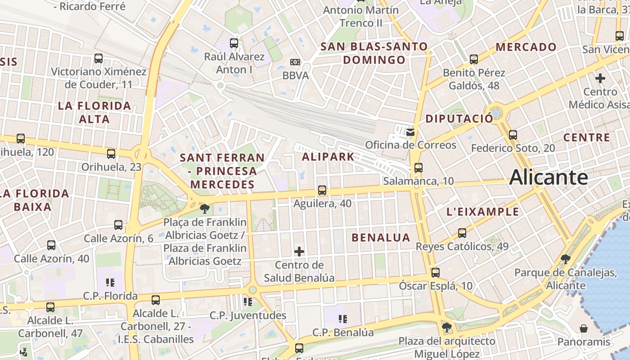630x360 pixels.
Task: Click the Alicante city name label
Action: [x=549, y=177]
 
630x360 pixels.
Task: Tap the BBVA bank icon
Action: [x=295, y=62]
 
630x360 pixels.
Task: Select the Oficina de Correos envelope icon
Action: [x=410, y=132]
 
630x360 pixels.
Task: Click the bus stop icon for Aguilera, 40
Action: [x=322, y=190]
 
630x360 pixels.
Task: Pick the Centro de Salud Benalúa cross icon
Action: [x=299, y=251]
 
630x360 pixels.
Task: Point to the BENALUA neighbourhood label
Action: [x=381, y=238]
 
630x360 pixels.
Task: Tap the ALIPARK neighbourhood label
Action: [x=328, y=157]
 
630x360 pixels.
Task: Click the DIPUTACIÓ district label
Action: [x=459, y=119]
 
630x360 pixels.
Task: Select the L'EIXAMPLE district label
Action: [x=482, y=211]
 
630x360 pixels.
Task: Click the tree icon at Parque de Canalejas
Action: [x=566, y=259]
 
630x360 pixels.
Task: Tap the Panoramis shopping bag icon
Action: [x=584, y=328]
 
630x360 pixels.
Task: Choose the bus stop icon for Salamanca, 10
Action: [x=418, y=168]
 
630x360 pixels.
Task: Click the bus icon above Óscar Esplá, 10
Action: [x=435, y=272]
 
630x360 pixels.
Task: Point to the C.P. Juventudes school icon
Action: [x=247, y=301]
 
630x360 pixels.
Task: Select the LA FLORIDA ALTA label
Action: [x=94, y=112]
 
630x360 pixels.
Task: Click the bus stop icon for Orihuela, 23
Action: [x=111, y=154]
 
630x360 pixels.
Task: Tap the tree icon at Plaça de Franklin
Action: [x=205, y=208]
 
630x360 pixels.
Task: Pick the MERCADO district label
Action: [x=526, y=47]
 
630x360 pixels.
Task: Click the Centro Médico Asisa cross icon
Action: [x=600, y=78]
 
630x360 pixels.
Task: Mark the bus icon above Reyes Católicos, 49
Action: [x=462, y=233]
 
